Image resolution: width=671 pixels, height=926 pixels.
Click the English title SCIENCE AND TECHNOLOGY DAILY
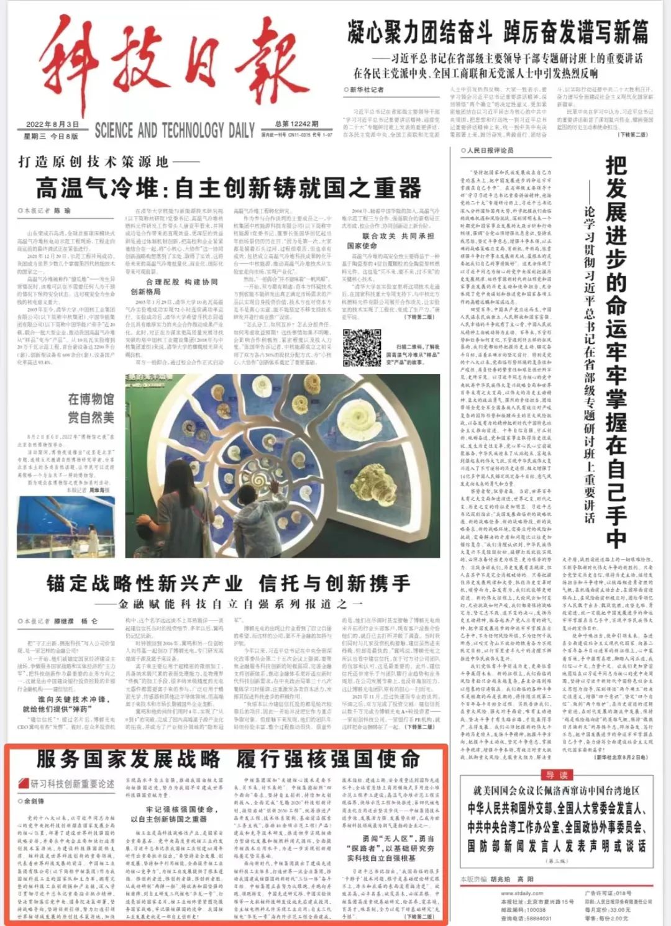(x=175, y=130)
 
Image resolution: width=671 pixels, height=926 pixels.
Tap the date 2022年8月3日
(x=52, y=125)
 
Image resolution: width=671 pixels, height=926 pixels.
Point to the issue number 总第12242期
(x=296, y=124)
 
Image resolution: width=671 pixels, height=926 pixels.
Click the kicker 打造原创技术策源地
(x=93, y=162)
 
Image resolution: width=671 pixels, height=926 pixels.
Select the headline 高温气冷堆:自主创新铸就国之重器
(x=229, y=187)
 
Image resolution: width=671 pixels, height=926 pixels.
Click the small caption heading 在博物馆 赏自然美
(x=91, y=408)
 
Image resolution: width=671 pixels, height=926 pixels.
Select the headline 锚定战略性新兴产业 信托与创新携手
(x=229, y=584)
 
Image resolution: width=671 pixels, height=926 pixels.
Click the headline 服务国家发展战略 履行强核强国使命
(x=227, y=758)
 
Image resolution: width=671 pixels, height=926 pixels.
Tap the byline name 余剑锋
(x=35, y=801)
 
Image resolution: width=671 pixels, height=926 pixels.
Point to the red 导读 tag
(x=557, y=774)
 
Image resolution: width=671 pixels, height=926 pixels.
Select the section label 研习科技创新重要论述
(x=72, y=784)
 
